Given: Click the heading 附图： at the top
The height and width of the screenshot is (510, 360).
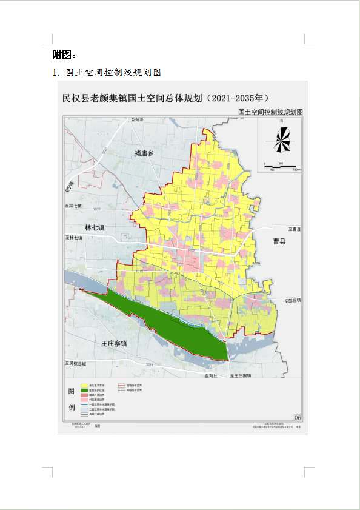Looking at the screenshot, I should click(x=64, y=55).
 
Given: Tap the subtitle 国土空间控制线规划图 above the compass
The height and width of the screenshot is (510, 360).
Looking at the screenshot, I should click(x=270, y=112).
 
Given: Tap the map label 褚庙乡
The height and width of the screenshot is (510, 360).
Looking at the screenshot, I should click(x=144, y=154).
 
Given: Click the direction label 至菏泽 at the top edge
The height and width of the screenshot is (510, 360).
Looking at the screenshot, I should click(x=137, y=119).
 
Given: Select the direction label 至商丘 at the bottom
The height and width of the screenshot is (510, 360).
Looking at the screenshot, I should click(x=210, y=375).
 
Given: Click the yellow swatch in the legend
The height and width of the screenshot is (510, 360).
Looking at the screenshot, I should click(x=78, y=385).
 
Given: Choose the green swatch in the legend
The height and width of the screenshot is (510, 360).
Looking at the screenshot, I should click(x=78, y=390).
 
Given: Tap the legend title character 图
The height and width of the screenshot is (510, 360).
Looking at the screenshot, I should click(x=71, y=391).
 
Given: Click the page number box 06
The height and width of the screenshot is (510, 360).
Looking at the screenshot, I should click(x=297, y=418).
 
